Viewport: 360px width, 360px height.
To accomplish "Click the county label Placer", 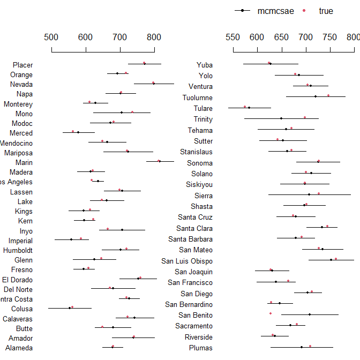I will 22,65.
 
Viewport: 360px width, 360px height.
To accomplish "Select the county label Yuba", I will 204,65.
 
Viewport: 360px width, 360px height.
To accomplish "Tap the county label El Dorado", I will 17,279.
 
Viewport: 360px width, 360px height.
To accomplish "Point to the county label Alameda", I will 20,348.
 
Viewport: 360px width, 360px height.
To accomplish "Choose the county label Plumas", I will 200,348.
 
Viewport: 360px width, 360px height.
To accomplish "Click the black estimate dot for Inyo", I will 122,230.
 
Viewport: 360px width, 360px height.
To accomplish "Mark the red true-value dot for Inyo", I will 108,229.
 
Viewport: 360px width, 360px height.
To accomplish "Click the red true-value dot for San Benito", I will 271,313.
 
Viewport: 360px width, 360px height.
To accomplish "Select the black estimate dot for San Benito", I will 310,314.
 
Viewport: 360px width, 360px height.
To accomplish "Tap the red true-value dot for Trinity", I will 305,117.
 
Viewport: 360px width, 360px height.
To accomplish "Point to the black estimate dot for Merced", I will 78,132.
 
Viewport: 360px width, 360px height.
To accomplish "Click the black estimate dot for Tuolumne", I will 316,96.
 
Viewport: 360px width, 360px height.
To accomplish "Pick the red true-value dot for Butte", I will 102,326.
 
